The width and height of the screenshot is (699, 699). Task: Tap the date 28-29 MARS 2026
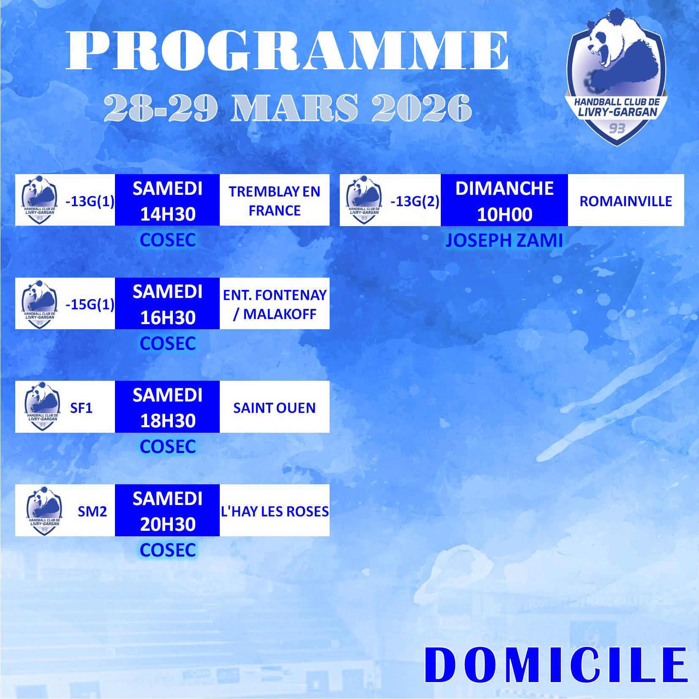[x=288, y=108]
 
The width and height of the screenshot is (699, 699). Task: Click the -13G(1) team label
[x=90, y=201]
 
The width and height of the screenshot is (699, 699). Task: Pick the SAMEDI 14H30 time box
[x=167, y=200]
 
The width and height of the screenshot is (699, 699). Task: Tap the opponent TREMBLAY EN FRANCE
[x=275, y=201]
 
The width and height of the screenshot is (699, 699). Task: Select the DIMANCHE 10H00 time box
[x=504, y=200]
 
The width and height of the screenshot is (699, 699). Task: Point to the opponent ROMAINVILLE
[x=625, y=201]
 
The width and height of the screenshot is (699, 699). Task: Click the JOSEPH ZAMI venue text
[x=504, y=240]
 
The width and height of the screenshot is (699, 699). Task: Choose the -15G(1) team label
[x=90, y=304]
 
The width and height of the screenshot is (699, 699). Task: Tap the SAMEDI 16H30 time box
[x=167, y=303]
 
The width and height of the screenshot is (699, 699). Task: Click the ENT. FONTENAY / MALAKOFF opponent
[x=275, y=304]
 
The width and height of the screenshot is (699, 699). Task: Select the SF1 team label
[x=81, y=408]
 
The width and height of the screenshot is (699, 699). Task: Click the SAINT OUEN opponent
[x=275, y=408]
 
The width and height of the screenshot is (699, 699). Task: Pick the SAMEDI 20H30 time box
[x=167, y=511]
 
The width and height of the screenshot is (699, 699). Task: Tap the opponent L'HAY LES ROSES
[x=275, y=511]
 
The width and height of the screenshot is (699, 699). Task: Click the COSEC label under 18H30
[x=168, y=447]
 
